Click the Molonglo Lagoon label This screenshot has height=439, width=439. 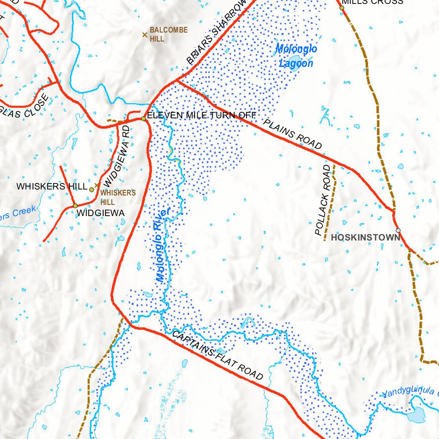tap(296, 56)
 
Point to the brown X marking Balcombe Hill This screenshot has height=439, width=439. tap(145, 34)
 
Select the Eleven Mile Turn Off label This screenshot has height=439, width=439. tap(201, 115)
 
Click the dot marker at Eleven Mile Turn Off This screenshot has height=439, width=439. tap(144, 119)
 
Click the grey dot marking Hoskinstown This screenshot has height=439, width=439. tap(398, 230)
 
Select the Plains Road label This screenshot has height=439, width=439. tap(292, 134)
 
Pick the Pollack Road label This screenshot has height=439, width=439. tap(324, 200)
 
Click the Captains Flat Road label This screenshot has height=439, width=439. tap(217, 355)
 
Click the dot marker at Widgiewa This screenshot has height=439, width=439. tap(75, 206)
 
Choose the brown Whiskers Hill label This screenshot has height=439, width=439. tap(118, 197)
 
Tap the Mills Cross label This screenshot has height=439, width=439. tap(373, 2)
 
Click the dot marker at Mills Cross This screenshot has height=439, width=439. tap(342, 7)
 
